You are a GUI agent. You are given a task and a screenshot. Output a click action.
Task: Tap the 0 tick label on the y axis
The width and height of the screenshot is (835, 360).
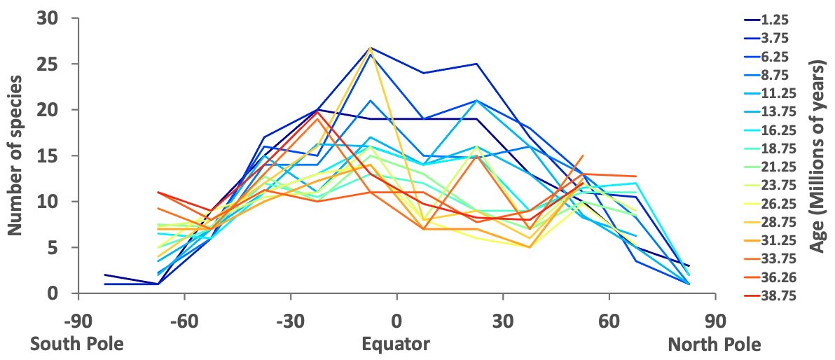point(53,293)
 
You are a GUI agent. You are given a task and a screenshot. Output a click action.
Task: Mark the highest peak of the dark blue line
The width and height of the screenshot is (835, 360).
point(371,48)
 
